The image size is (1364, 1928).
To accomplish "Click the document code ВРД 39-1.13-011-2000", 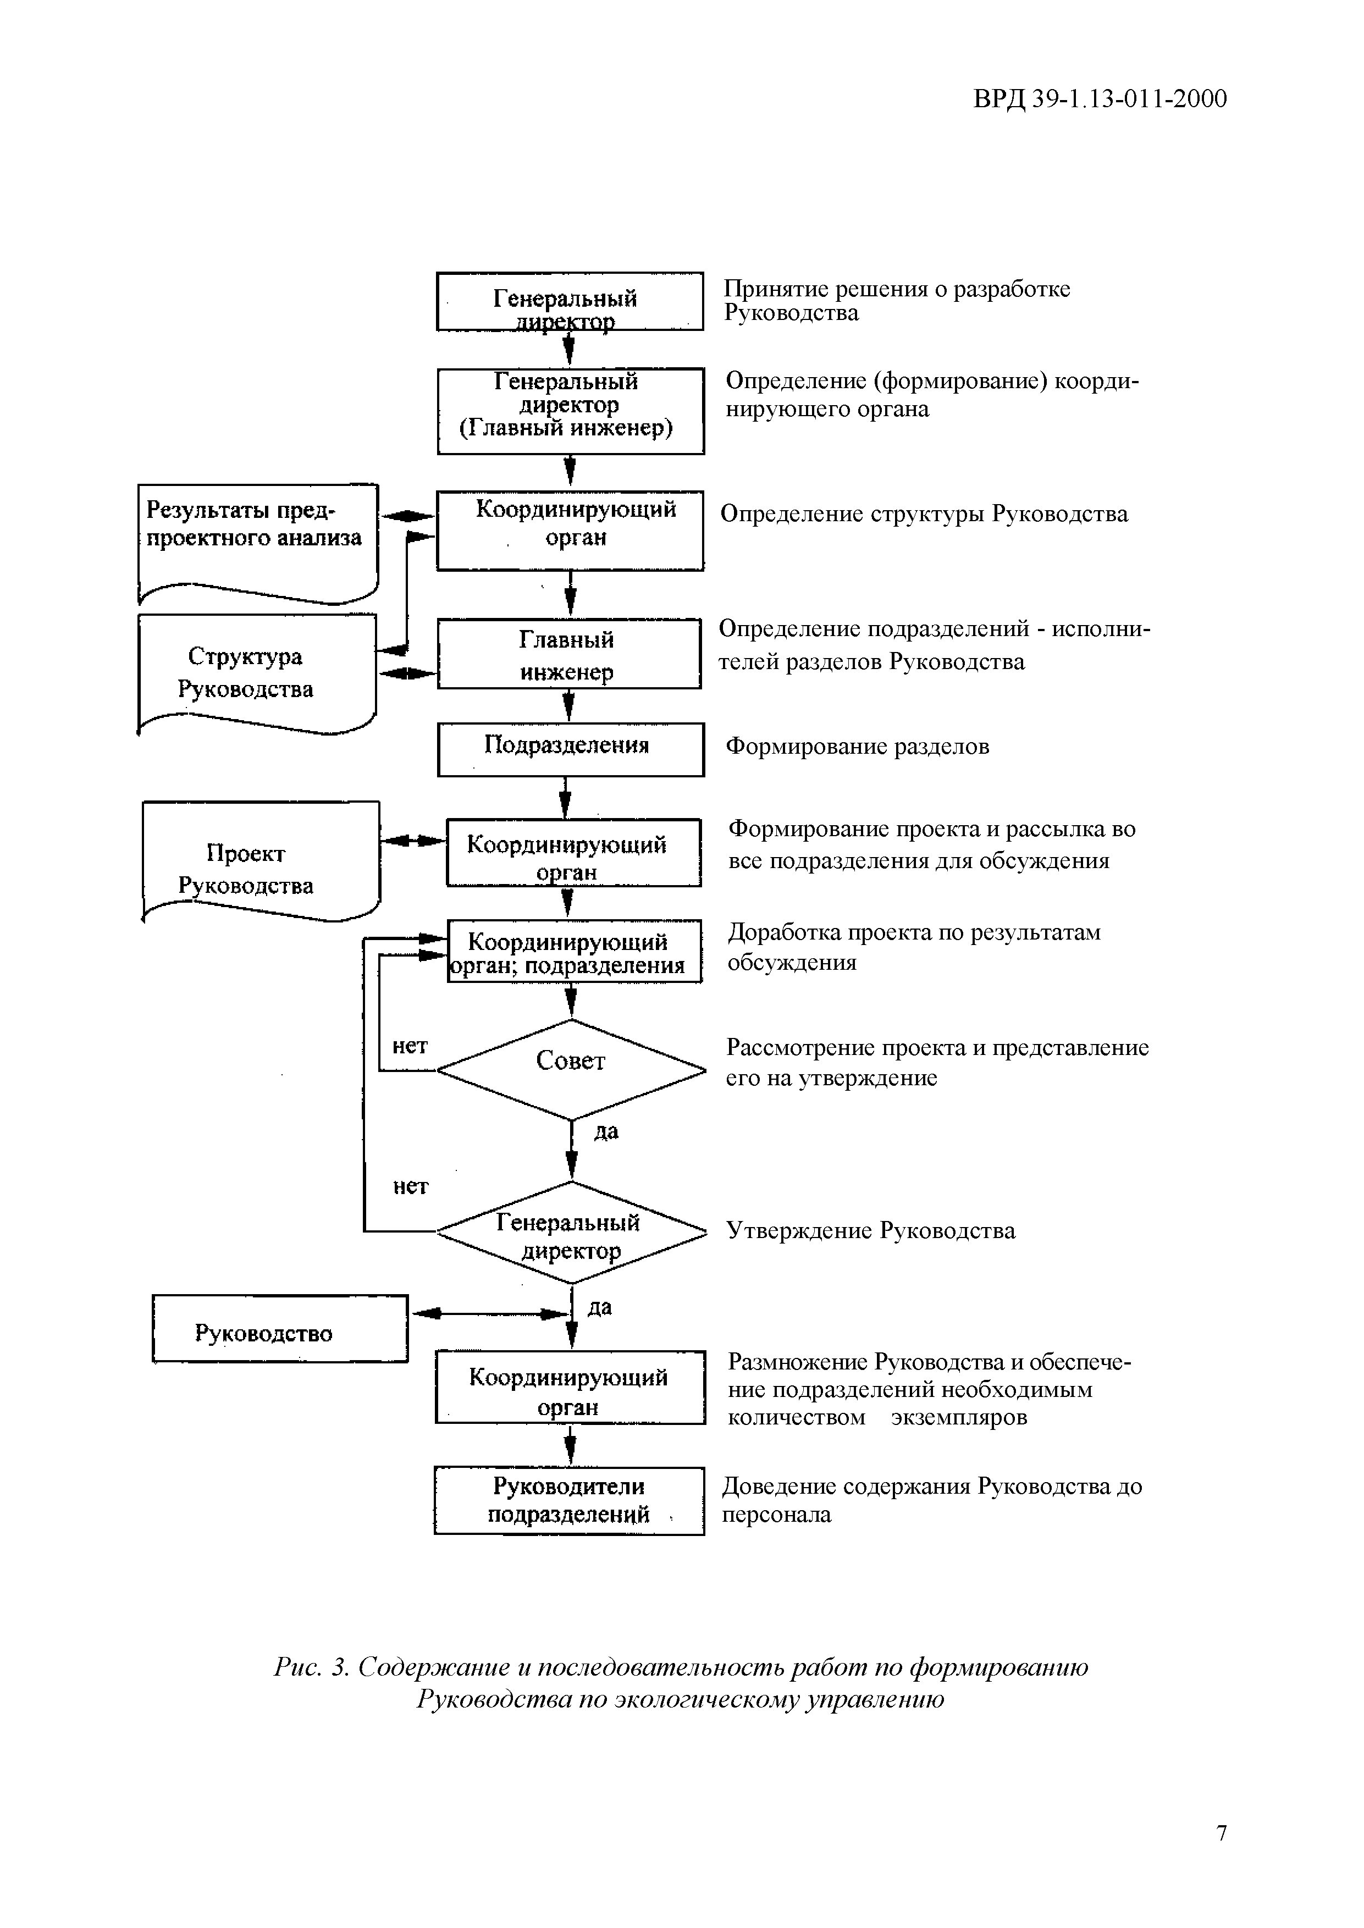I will [1100, 99].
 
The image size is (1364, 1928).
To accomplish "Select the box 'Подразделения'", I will [570, 749].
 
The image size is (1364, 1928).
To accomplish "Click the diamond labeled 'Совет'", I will [571, 1069].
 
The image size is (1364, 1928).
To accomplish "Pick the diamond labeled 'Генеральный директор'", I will [571, 1233].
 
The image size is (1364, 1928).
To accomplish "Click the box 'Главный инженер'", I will [568, 655].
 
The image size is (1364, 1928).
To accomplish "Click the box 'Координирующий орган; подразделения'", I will [573, 952].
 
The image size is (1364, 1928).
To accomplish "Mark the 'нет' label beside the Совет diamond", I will [410, 1046].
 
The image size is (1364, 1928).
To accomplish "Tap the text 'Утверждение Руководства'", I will [870, 1231].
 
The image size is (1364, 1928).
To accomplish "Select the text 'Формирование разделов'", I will [857, 747].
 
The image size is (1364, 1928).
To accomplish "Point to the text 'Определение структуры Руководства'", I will [924, 514].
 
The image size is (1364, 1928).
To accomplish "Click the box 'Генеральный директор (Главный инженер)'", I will [570, 411].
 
